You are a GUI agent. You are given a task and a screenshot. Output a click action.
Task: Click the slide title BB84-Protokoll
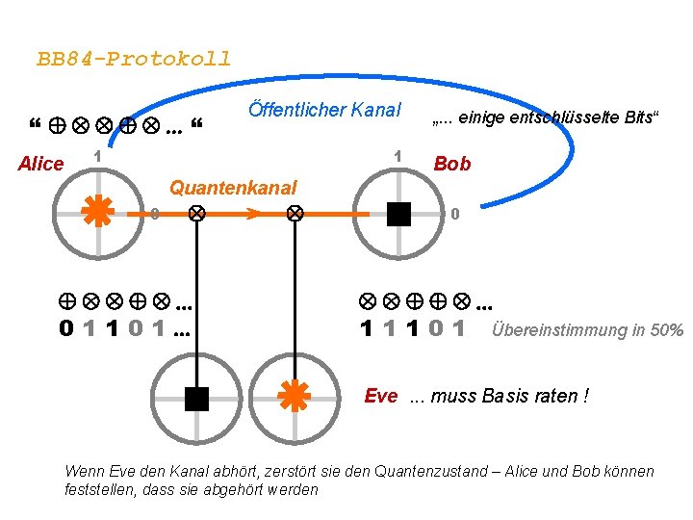[134, 59]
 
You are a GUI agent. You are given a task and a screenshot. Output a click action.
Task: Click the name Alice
[40, 165]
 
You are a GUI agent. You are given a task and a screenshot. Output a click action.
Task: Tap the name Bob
[452, 165]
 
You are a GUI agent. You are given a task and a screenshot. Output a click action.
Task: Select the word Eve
[381, 396]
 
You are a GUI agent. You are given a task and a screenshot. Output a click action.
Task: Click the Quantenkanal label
[233, 188]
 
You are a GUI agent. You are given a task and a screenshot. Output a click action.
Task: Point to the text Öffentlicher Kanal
[324, 110]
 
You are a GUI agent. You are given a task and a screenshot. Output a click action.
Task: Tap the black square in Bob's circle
[398, 213]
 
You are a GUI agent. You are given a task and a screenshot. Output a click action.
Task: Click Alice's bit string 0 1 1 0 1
[124, 328]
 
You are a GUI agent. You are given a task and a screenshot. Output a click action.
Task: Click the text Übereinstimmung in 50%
[587, 330]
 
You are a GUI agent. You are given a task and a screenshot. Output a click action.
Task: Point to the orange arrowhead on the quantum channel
[252, 213]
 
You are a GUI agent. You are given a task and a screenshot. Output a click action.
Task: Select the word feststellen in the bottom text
[99, 489]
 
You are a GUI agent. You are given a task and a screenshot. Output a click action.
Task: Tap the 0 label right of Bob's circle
[457, 213]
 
